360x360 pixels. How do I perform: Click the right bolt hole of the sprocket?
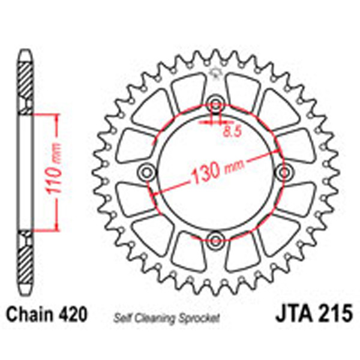pyautogui.click(x=283, y=173)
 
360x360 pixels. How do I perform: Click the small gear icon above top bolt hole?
pyautogui.click(x=215, y=75)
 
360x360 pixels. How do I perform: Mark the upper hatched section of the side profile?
pyautogui.click(x=24, y=84)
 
